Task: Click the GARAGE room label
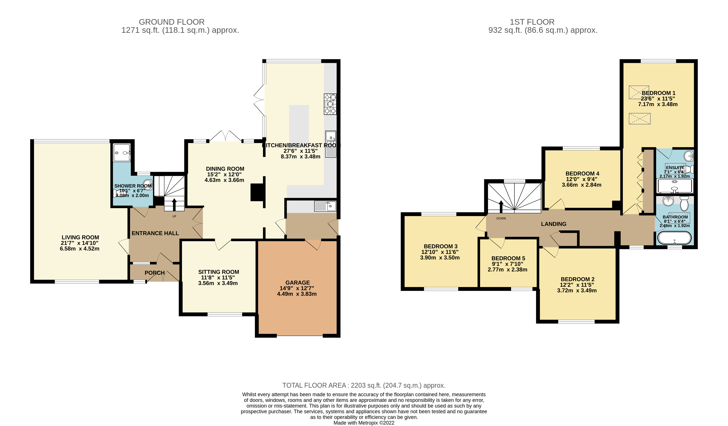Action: tap(297, 282)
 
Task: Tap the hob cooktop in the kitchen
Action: tap(330, 104)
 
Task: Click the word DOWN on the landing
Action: tap(501, 218)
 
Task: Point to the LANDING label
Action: tap(553, 224)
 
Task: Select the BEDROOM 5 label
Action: tap(508, 258)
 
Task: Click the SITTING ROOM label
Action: tap(218, 272)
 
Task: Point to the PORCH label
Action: tap(155, 273)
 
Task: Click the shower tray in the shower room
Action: tap(122, 153)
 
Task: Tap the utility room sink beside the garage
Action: tap(325, 206)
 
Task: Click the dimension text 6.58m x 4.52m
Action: tap(80, 249)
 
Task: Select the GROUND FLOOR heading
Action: tap(172, 22)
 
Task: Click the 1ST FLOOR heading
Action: tap(532, 22)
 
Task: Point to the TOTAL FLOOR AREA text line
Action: tap(364, 385)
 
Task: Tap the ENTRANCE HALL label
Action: tap(155, 233)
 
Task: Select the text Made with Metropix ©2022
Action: tap(364, 423)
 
